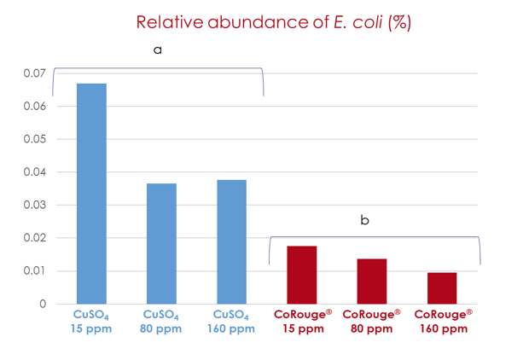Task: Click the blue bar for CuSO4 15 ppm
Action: [x=91, y=194]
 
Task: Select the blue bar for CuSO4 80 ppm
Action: [x=161, y=243]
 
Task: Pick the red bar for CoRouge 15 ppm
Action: [x=301, y=275]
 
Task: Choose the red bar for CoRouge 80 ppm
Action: [x=371, y=281]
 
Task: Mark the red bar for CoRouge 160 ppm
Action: [x=441, y=287]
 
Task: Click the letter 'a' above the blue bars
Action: [x=157, y=50]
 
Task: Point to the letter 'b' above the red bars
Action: [x=364, y=220]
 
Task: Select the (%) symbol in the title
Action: [x=399, y=22]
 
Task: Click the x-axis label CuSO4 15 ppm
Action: [x=91, y=322]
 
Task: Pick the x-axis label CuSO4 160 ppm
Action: [x=231, y=322]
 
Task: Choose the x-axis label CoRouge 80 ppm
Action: [x=371, y=322]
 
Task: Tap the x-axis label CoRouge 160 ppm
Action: [x=442, y=322]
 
